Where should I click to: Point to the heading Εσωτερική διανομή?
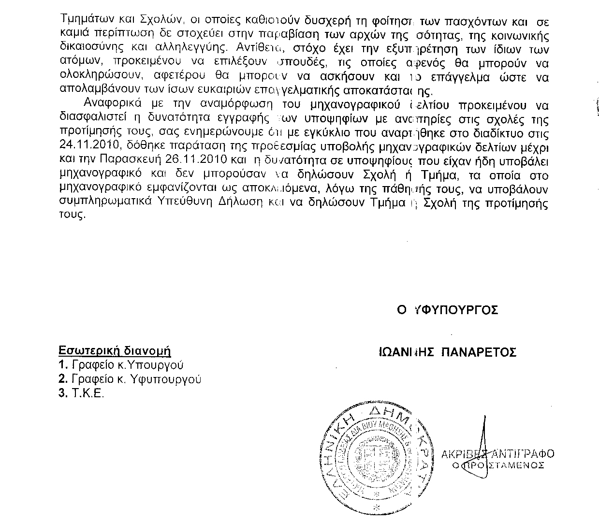115,351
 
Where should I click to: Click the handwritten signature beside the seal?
481,449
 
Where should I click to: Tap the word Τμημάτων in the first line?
87,22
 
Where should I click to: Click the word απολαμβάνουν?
100,90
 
